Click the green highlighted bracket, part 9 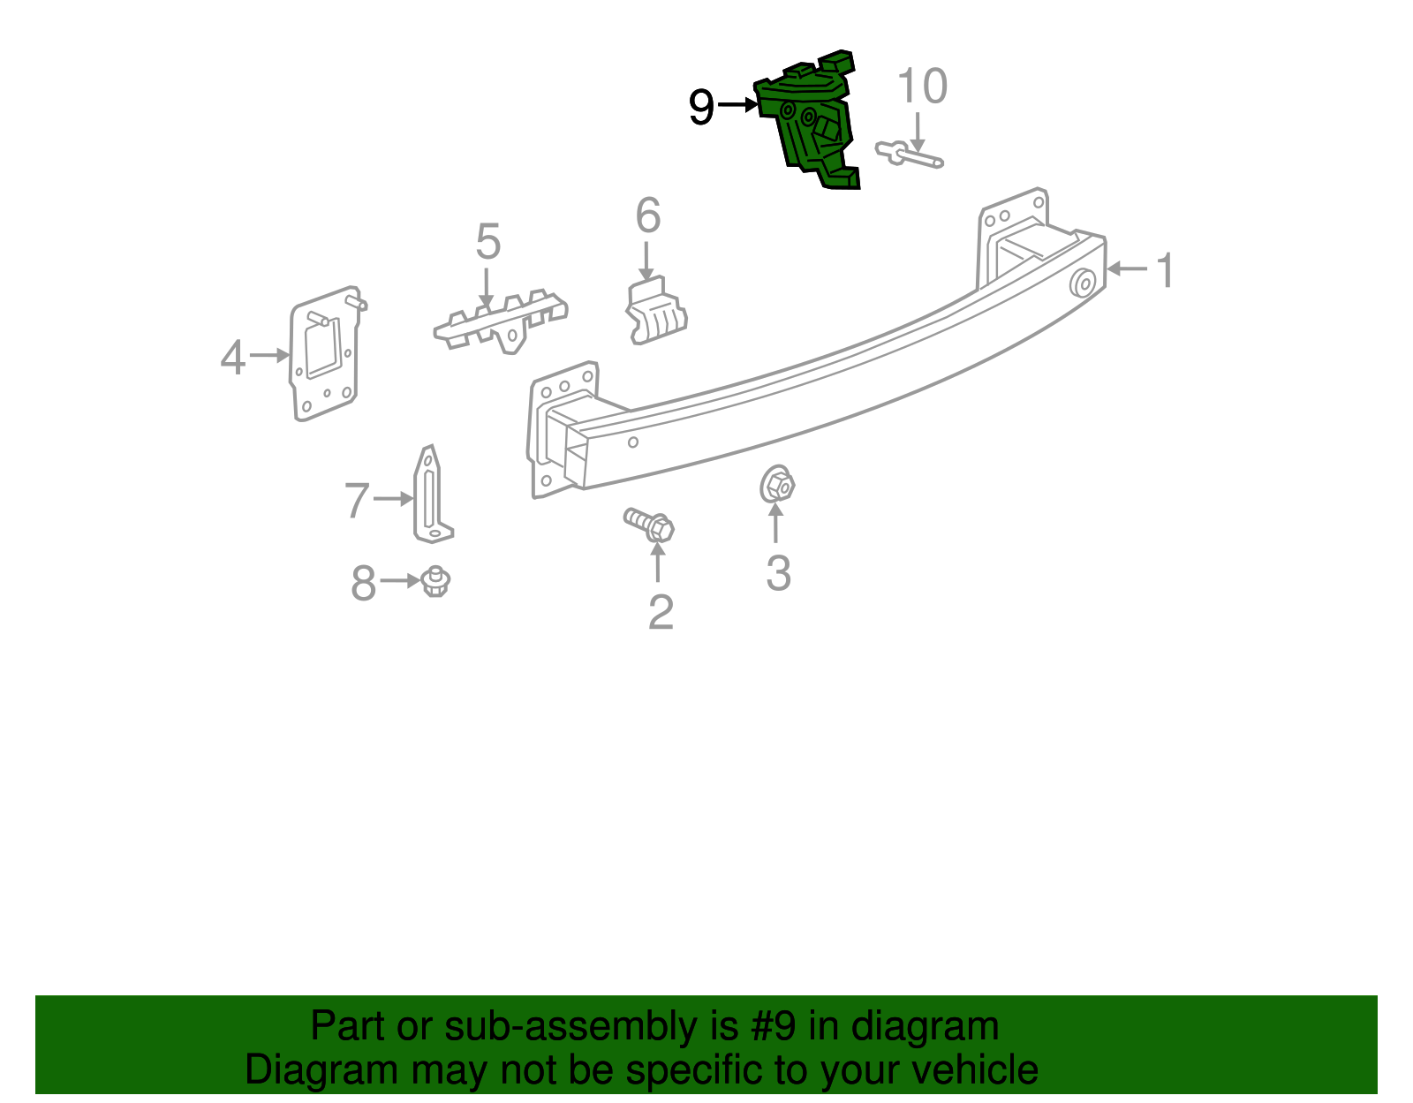pyautogui.click(x=806, y=120)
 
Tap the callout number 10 pyautogui.click(x=922, y=86)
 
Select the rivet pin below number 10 pyautogui.click(x=909, y=155)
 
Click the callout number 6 pyautogui.click(x=647, y=215)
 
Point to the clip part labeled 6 pyautogui.click(x=655, y=311)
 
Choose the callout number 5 pyautogui.click(x=488, y=240)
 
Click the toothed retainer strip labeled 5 pyautogui.click(x=501, y=321)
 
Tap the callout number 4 pyautogui.click(x=233, y=358)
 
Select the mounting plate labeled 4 pyautogui.click(x=325, y=353)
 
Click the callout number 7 pyautogui.click(x=357, y=499)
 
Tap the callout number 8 pyautogui.click(x=364, y=582)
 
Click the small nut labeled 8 pyautogui.click(x=435, y=582)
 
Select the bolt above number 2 pyautogui.click(x=649, y=524)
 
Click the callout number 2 pyautogui.click(x=661, y=612)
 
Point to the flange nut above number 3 pyautogui.click(x=777, y=484)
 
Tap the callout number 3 pyautogui.click(x=778, y=572)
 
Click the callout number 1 pyautogui.click(x=1165, y=269)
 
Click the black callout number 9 pyautogui.click(x=701, y=107)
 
